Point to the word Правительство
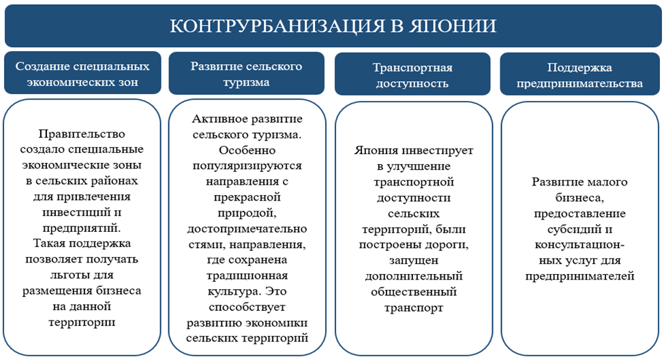tap(82, 135)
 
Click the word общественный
tap(413, 292)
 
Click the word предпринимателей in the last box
tap(580, 276)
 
